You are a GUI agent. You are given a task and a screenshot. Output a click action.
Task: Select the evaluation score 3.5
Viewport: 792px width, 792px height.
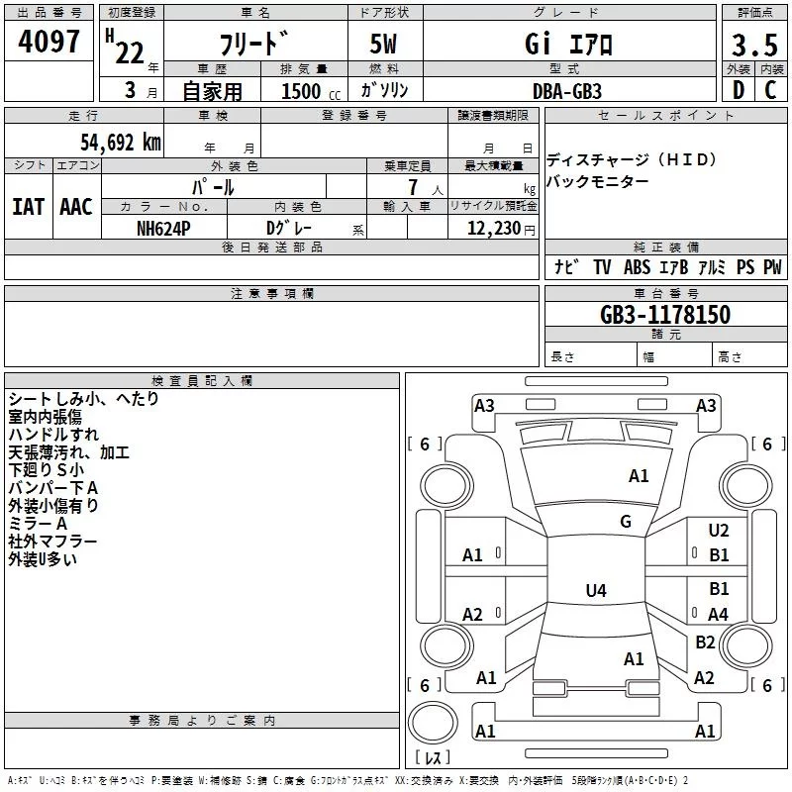click(x=754, y=45)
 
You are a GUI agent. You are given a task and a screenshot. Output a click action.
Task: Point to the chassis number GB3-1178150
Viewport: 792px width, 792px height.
click(x=665, y=315)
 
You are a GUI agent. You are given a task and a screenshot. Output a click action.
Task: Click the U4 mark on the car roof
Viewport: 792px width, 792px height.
click(x=595, y=591)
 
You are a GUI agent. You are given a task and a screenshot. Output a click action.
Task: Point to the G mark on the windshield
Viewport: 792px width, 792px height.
click(x=626, y=522)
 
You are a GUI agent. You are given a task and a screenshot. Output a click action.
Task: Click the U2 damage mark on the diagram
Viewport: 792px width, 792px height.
click(x=719, y=532)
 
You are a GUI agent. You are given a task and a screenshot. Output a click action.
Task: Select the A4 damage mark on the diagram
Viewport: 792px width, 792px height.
click(x=719, y=614)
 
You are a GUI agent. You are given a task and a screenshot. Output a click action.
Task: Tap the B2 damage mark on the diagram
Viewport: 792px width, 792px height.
click(x=705, y=643)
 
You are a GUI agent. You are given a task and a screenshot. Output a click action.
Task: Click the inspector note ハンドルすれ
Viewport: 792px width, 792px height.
click(x=53, y=435)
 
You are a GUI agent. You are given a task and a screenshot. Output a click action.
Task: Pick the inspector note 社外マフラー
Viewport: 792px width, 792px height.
click(x=52, y=542)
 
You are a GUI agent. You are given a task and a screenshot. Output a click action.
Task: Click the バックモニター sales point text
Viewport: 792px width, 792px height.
click(x=598, y=181)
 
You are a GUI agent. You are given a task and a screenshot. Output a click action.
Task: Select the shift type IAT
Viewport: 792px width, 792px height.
click(x=28, y=207)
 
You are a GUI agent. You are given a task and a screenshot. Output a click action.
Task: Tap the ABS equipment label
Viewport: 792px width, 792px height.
click(x=638, y=267)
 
